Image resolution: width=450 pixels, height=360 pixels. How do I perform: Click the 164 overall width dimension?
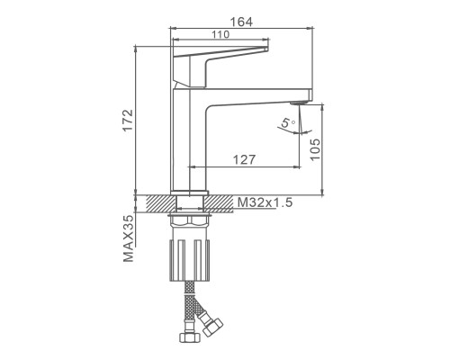[241, 22]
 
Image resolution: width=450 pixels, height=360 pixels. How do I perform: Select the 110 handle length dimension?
[220, 35]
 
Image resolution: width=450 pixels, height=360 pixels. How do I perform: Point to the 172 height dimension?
[129, 120]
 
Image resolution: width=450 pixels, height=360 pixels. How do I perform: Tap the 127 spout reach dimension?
[244, 160]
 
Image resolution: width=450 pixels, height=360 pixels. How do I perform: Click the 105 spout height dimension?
[315, 149]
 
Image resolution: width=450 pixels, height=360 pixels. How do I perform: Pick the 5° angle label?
[288, 122]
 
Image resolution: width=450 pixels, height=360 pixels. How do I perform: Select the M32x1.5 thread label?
[265, 202]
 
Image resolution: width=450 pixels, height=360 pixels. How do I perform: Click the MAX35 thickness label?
[129, 238]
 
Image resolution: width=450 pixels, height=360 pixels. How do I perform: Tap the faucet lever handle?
[220, 67]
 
